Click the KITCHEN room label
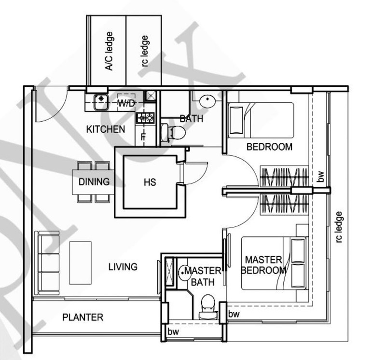pos(106,129)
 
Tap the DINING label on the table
pos(94,182)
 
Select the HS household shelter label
pos(150,182)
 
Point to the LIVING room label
pos(123,266)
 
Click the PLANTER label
pos(83,317)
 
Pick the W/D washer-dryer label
pos(126,103)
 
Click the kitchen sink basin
pos(100,99)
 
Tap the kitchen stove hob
pos(145,117)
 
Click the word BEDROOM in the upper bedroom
pos(269,147)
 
